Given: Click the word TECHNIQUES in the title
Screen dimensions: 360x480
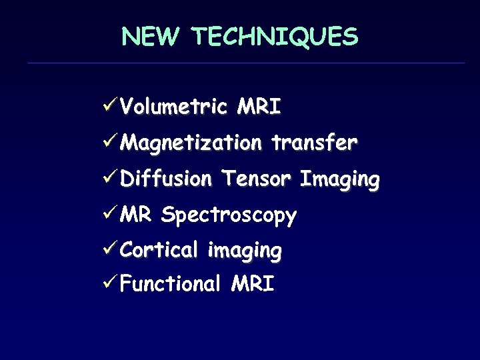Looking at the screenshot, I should click(275, 37).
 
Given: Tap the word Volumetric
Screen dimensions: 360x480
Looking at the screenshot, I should click(175, 107).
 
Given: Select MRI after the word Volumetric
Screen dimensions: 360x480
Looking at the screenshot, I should click(259, 107).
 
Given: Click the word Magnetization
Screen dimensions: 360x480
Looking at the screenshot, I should click(193, 143).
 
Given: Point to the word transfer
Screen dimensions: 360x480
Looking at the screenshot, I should click(315, 143).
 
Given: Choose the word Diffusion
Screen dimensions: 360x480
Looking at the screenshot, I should click(167, 179).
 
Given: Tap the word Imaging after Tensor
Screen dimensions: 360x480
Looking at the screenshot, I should click(339, 180).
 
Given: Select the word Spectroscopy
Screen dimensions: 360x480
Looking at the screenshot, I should click(229, 216).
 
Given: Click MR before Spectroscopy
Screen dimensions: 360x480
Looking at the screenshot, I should click(137, 215).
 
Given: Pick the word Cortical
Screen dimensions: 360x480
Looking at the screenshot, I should click(161, 250).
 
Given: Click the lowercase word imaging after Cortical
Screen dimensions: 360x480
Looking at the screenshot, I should click(244, 251).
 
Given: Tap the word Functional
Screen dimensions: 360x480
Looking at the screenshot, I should click(171, 285).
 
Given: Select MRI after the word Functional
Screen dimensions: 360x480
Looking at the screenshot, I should click(252, 285).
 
